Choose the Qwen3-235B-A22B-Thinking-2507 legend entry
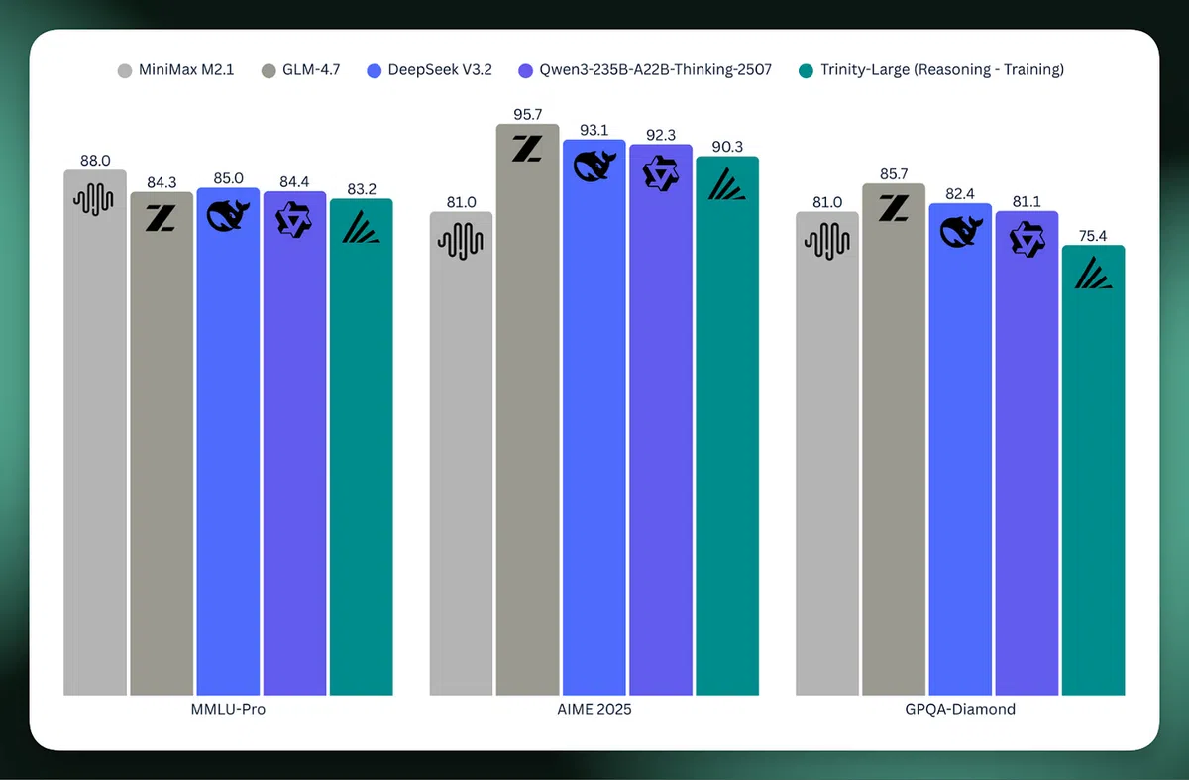click(x=644, y=70)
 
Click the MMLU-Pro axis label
click(x=228, y=710)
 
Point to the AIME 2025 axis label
click(x=594, y=710)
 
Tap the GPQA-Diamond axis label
click(x=960, y=710)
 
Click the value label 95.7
click(x=527, y=114)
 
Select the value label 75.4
click(x=1093, y=235)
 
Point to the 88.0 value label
click(x=95, y=160)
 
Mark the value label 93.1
click(x=594, y=130)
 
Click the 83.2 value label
click(x=361, y=188)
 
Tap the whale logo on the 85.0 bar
click(x=228, y=217)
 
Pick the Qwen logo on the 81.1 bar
click(x=1027, y=239)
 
